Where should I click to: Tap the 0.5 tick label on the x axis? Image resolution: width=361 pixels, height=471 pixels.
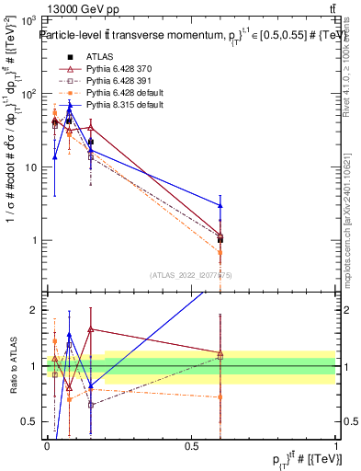tap(191, 445)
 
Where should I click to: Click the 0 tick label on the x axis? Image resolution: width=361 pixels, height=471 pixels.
tap(47, 445)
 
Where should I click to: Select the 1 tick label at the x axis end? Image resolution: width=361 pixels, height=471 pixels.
tap(335, 445)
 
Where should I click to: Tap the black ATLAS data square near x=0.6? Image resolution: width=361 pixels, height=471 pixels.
tap(220, 239)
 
